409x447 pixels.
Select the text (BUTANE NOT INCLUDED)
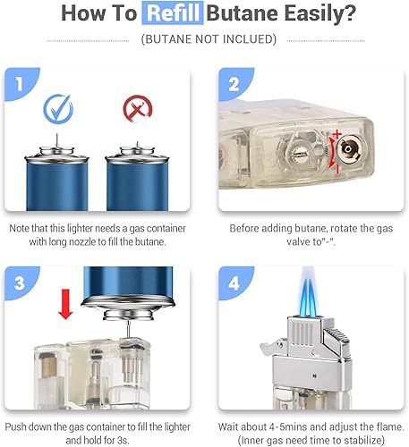[x=204, y=39]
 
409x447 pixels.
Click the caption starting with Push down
[x=102, y=427]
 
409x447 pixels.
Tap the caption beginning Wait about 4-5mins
[x=312, y=427]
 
